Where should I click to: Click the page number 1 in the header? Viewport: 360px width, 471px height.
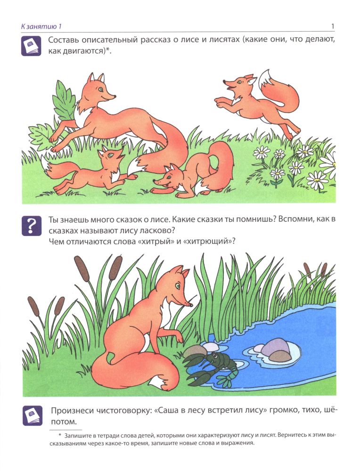[332, 26]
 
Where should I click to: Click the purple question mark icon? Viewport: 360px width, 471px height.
[31, 226]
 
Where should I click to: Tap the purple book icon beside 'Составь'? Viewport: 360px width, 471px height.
[31, 46]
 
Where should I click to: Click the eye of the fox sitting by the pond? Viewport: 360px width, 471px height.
[178, 285]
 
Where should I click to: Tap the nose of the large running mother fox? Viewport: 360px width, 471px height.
[114, 97]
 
